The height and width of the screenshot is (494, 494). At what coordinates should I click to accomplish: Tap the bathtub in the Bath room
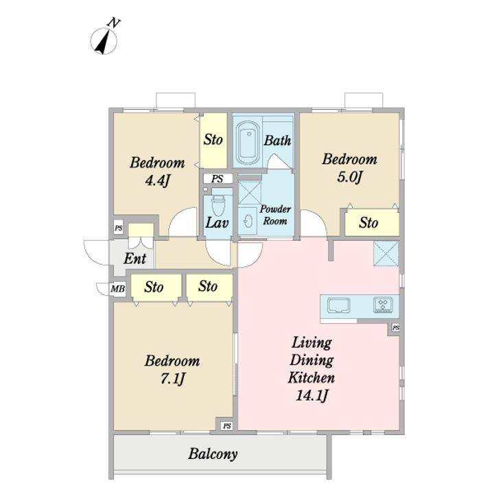pyautogui.click(x=248, y=143)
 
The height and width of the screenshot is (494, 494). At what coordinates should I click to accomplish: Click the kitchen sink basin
pyautogui.click(x=339, y=305)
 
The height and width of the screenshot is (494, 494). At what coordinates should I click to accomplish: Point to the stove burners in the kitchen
pyautogui.click(x=383, y=305)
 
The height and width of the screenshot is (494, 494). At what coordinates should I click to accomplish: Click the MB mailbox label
pyautogui.click(x=117, y=288)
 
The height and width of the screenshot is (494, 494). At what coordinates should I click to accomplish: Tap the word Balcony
pyautogui.click(x=213, y=454)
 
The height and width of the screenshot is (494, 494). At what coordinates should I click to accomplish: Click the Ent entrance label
pyautogui.click(x=135, y=259)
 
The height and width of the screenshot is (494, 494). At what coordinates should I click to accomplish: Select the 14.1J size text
pyautogui.click(x=312, y=395)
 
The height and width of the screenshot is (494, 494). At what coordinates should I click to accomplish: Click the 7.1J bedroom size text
pyautogui.click(x=172, y=378)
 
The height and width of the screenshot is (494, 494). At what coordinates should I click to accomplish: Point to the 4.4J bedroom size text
pyautogui.click(x=157, y=180)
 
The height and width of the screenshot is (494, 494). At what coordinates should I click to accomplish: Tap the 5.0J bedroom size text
pyautogui.click(x=350, y=177)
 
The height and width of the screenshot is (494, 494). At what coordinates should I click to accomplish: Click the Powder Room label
pyautogui.click(x=275, y=215)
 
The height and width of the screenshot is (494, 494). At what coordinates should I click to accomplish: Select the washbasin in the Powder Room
pyautogui.click(x=248, y=220)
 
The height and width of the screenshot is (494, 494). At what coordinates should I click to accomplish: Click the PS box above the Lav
pyautogui.click(x=217, y=178)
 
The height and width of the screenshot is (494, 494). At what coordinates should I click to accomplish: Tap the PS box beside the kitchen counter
pyautogui.click(x=396, y=328)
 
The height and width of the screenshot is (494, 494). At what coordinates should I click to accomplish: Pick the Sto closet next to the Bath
pyautogui.click(x=213, y=141)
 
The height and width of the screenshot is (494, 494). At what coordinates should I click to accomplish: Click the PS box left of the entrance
pyautogui.click(x=119, y=228)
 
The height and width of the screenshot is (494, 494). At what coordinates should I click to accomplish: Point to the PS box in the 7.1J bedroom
pyautogui.click(x=227, y=426)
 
